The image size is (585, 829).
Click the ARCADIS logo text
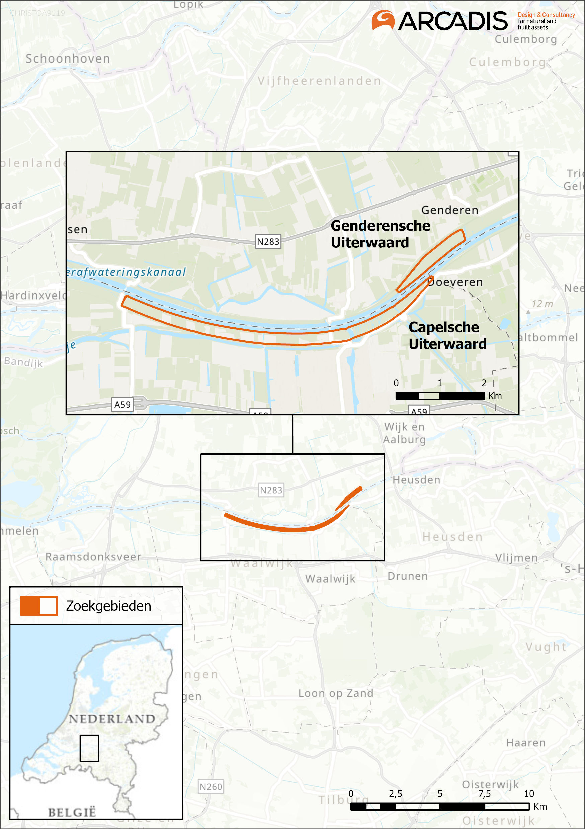(453, 21)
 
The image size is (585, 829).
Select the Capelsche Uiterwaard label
(447, 335)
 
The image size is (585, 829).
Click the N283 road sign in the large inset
(268, 242)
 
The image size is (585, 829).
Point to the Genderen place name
(450, 210)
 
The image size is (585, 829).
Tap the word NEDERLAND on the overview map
(112, 719)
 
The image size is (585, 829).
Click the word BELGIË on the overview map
(72, 812)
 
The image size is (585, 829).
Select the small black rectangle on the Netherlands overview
(89, 748)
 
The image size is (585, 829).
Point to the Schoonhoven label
(68, 58)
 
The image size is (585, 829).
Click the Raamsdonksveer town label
(93, 556)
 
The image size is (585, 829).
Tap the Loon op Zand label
(336, 693)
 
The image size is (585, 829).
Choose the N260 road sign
(211, 787)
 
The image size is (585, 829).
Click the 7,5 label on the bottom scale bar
(485, 793)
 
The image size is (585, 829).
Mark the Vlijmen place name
(517, 558)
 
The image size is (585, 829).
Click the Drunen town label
(408, 576)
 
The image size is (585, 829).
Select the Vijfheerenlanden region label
(319, 81)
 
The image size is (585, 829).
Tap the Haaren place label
(526, 743)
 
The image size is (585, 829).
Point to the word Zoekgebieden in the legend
(108, 606)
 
